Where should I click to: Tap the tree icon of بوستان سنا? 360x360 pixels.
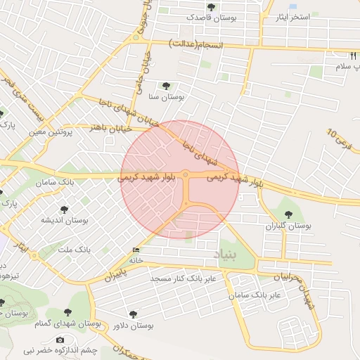click(x=166, y=86)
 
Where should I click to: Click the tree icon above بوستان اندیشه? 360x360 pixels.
click(x=65, y=210)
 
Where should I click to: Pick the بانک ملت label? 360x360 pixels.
click(x=74, y=250)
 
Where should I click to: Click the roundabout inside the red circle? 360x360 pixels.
click(x=185, y=175)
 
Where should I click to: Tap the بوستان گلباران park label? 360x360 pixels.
click(x=289, y=226)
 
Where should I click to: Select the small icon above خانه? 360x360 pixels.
click(x=136, y=250)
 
